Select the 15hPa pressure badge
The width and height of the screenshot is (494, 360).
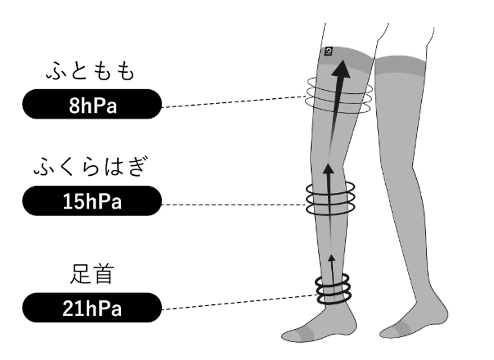pos(91,201)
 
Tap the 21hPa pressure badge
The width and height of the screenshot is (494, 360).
pos(91,308)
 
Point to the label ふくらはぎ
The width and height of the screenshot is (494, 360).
pos(92,168)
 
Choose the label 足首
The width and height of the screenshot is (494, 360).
pos(92,274)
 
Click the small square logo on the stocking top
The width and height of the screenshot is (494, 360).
pos(328,51)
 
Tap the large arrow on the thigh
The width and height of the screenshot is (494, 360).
pos(335,90)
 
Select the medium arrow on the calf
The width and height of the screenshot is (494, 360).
pos(329,192)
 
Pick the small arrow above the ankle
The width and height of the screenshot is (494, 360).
pos(331,266)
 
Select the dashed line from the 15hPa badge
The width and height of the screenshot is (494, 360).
pos(233,204)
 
